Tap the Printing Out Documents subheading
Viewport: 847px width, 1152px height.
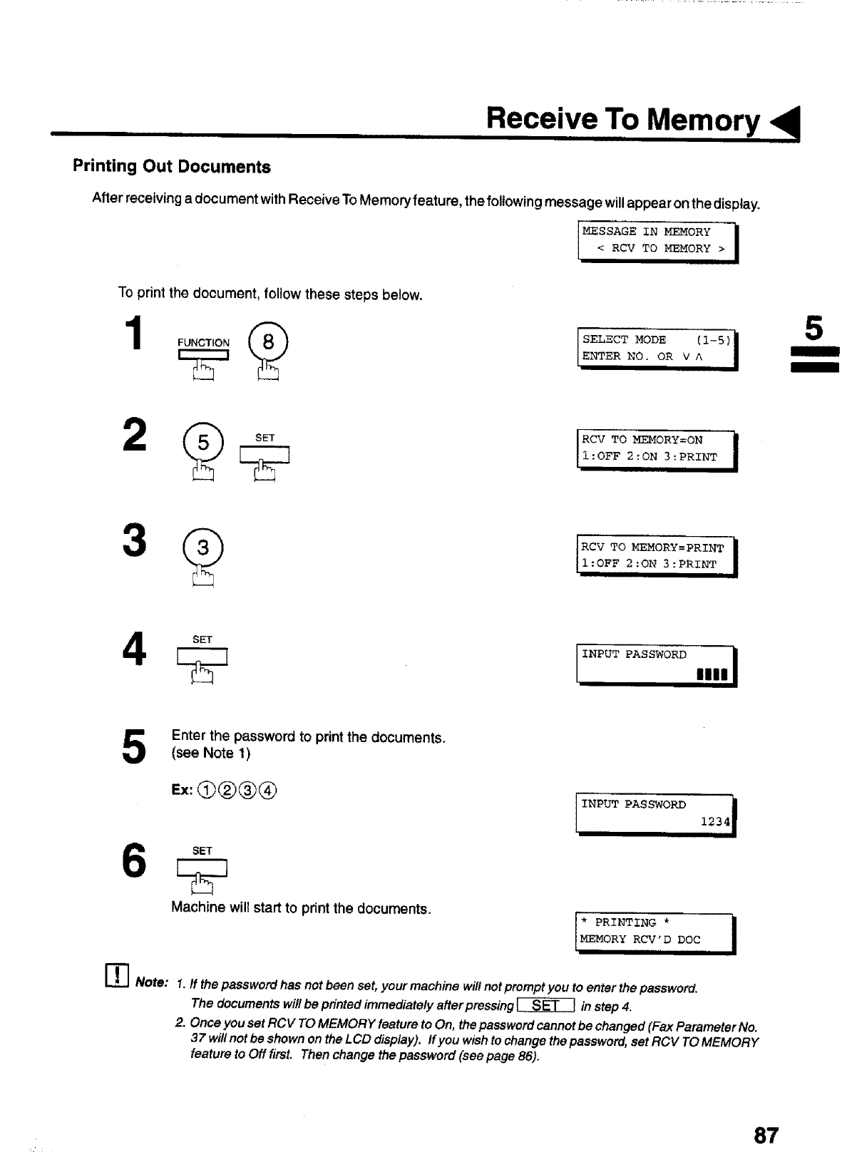click(x=172, y=167)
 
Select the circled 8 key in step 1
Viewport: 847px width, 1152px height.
click(x=268, y=343)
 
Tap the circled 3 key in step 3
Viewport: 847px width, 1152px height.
click(x=203, y=547)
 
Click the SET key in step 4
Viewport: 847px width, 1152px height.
click(x=203, y=657)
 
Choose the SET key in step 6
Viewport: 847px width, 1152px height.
click(x=203, y=868)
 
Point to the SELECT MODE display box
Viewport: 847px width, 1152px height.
click(x=657, y=349)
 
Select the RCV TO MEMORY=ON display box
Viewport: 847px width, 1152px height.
click(x=655, y=449)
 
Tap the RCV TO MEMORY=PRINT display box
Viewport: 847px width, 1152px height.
click(x=655, y=556)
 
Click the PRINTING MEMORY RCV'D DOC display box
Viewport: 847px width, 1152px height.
click(x=655, y=932)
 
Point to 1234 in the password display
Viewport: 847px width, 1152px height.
click(x=715, y=822)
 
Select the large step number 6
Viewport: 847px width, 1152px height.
click(x=135, y=861)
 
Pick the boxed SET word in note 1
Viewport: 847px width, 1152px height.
click(x=545, y=1006)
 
